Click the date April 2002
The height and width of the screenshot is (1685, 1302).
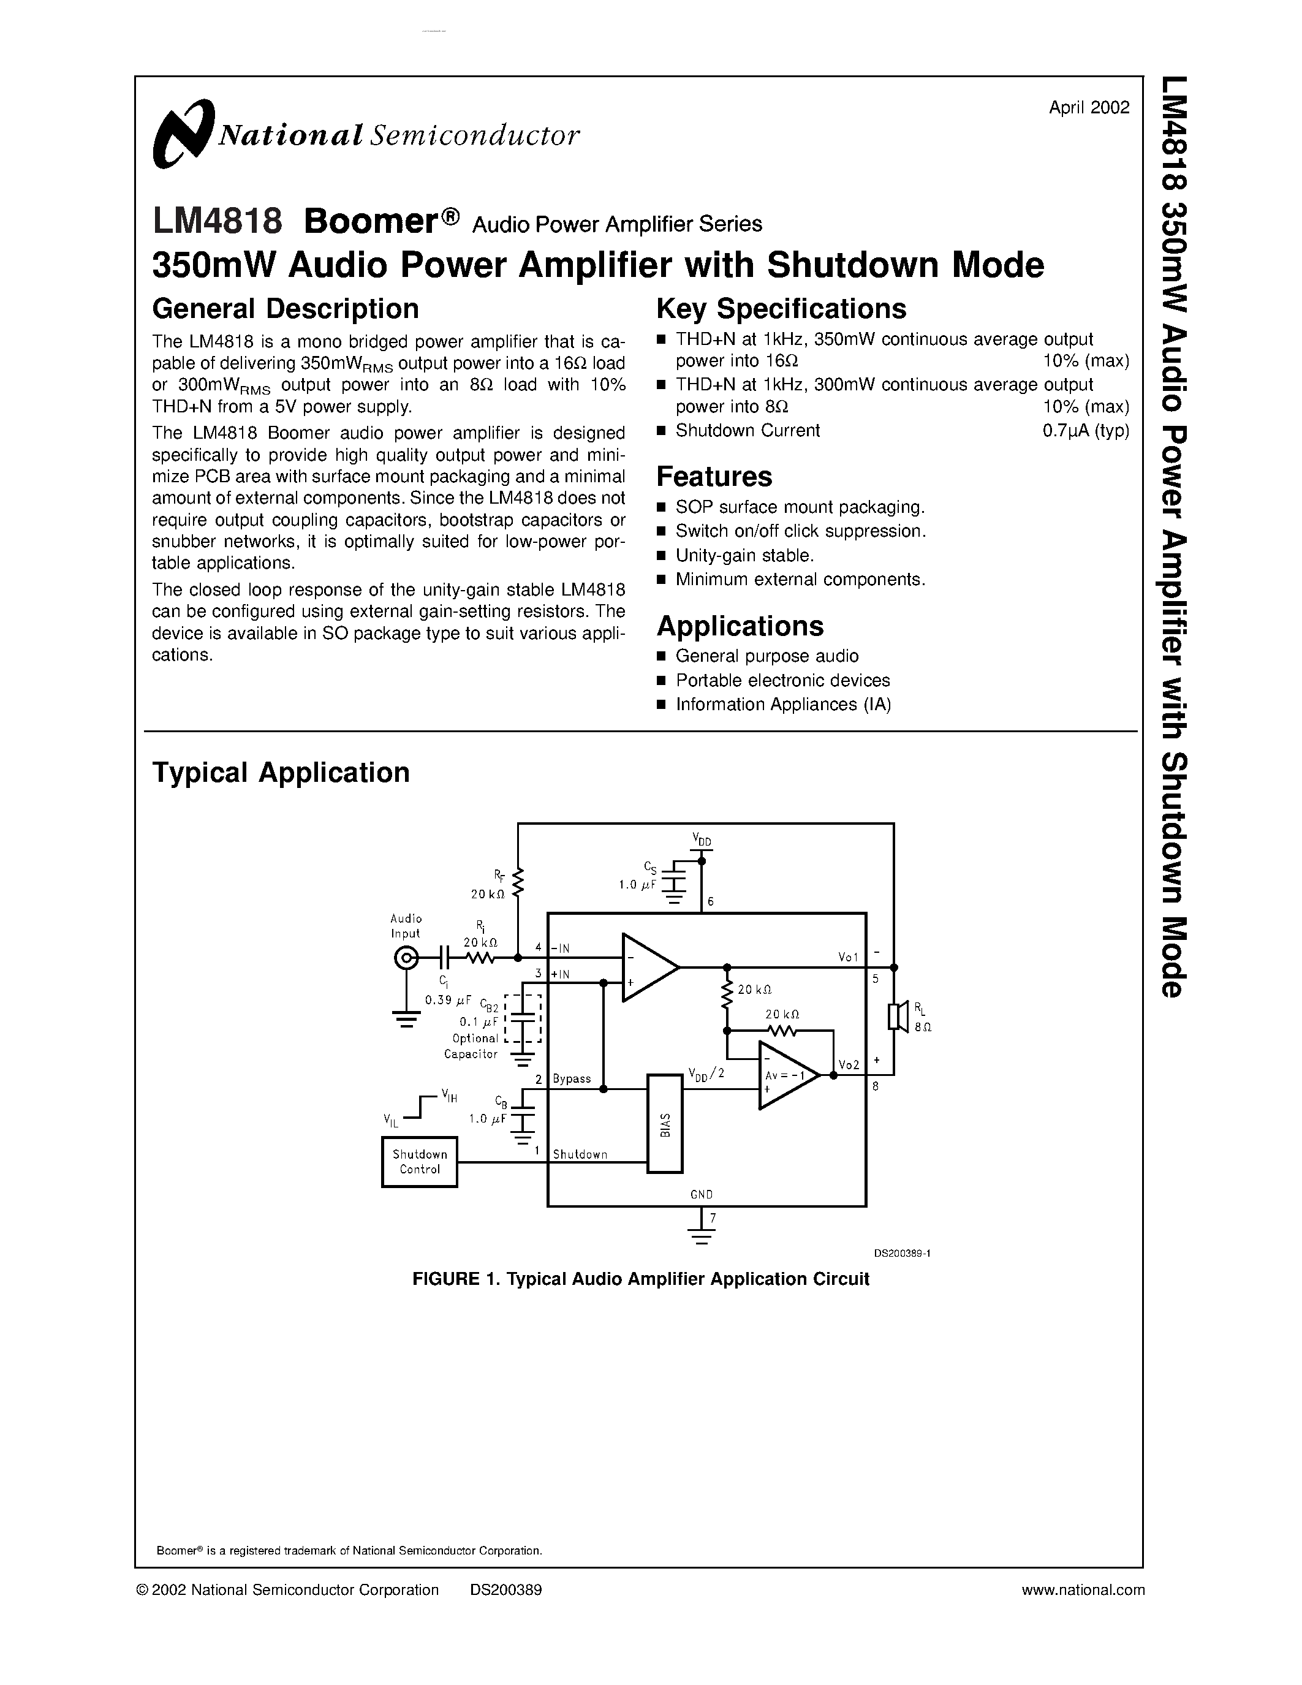[x=1088, y=108]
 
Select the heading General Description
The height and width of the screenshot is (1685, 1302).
[x=286, y=309]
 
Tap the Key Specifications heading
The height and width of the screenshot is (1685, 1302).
[x=781, y=309]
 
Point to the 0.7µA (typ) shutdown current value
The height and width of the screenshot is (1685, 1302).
[x=1085, y=431]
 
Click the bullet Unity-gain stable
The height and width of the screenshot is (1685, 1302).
[x=744, y=556]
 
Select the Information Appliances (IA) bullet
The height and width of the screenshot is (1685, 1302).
[x=783, y=705]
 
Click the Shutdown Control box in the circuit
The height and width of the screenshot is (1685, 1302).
[x=420, y=1162]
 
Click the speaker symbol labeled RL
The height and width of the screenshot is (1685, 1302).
[x=896, y=1016]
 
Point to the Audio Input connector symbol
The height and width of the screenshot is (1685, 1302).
[x=406, y=958]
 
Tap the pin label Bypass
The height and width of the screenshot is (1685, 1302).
[x=572, y=1078]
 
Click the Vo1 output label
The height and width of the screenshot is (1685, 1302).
[x=848, y=956]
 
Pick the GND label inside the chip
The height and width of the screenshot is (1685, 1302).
[x=701, y=1194]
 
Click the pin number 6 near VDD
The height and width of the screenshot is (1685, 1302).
[x=710, y=902]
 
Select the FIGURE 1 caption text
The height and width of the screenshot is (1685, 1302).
[x=640, y=1279]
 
